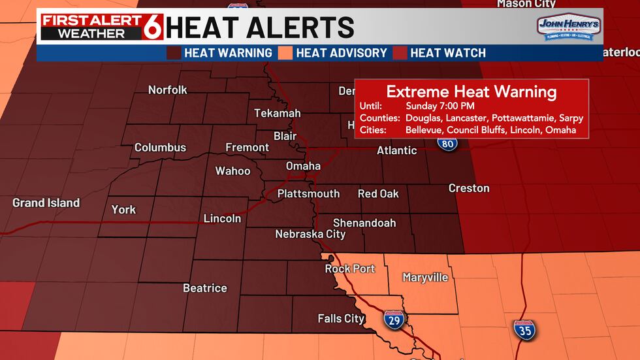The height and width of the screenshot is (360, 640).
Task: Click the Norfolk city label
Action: coord(168,90)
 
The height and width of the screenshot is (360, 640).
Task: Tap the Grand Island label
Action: coord(46,203)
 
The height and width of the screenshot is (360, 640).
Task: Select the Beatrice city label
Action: coord(205,288)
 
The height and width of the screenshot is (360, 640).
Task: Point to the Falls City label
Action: coord(341,319)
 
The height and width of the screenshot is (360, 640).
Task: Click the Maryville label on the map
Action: coord(425,278)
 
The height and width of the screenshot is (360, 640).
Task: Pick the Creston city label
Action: coord(469,188)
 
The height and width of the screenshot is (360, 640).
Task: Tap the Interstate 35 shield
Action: coord(524,329)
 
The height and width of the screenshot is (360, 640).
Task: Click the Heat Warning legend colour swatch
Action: coord(174,53)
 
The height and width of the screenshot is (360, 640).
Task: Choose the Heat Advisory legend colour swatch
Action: coord(286,53)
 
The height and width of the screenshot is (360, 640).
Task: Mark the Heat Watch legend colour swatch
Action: coord(399,53)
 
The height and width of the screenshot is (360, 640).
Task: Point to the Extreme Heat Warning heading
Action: coord(472,91)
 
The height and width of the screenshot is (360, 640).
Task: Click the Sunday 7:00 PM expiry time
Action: coord(440,106)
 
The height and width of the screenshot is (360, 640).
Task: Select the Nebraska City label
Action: coord(310,234)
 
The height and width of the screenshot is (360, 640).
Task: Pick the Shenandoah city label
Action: coord(364,223)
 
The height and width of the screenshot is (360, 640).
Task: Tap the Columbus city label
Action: coord(160,148)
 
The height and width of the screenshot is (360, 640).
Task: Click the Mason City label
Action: coord(527,4)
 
